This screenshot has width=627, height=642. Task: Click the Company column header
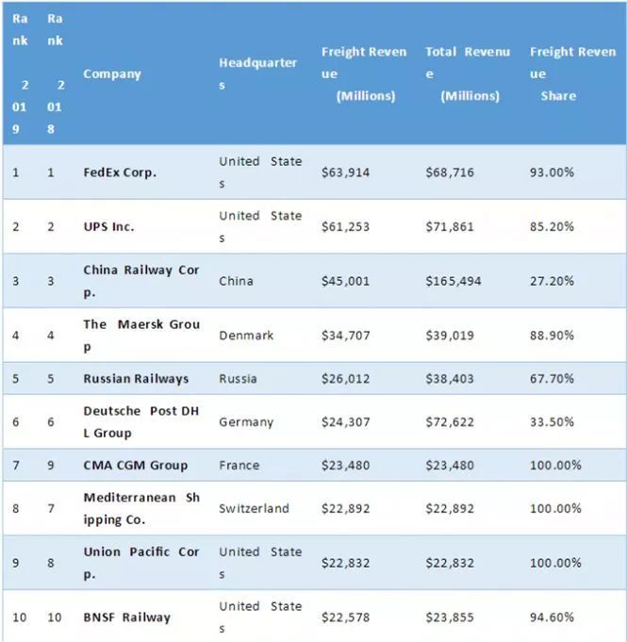click(x=112, y=74)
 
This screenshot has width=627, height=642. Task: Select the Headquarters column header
click(x=258, y=74)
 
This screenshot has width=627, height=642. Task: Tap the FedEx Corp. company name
click(x=120, y=173)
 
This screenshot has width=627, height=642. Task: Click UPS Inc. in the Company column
click(x=108, y=227)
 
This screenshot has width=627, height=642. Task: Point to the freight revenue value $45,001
click(x=345, y=281)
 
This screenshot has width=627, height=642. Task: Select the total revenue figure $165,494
click(x=454, y=281)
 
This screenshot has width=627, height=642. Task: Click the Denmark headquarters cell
click(x=246, y=336)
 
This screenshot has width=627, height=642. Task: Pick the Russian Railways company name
click(x=136, y=379)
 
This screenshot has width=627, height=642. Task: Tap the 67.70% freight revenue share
click(x=552, y=379)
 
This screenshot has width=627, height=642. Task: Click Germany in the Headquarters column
click(x=246, y=422)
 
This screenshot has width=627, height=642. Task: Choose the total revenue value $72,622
click(x=450, y=422)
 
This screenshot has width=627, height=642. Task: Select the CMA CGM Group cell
click(x=135, y=466)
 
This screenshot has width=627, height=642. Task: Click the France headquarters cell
click(x=239, y=466)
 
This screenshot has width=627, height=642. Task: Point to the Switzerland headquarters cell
click(x=254, y=508)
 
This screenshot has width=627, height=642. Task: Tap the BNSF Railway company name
click(x=126, y=617)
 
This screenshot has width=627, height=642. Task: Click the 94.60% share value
click(x=552, y=617)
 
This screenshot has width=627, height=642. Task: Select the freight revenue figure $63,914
click(x=345, y=173)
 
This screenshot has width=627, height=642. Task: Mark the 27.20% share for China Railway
click(x=552, y=281)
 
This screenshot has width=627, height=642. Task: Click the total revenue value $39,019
click(x=450, y=336)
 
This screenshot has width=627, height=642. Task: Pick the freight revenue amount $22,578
click(x=345, y=617)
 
